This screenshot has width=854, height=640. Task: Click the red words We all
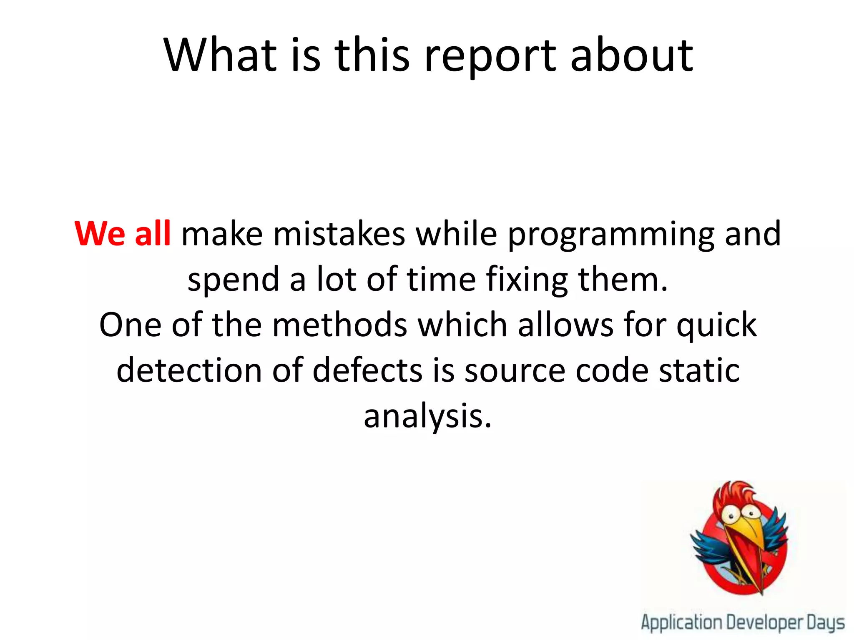click(123, 234)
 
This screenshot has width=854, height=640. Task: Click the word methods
click(339, 325)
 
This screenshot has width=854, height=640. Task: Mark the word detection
click(189, 370)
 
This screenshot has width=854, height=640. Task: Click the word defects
click(367, 370)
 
